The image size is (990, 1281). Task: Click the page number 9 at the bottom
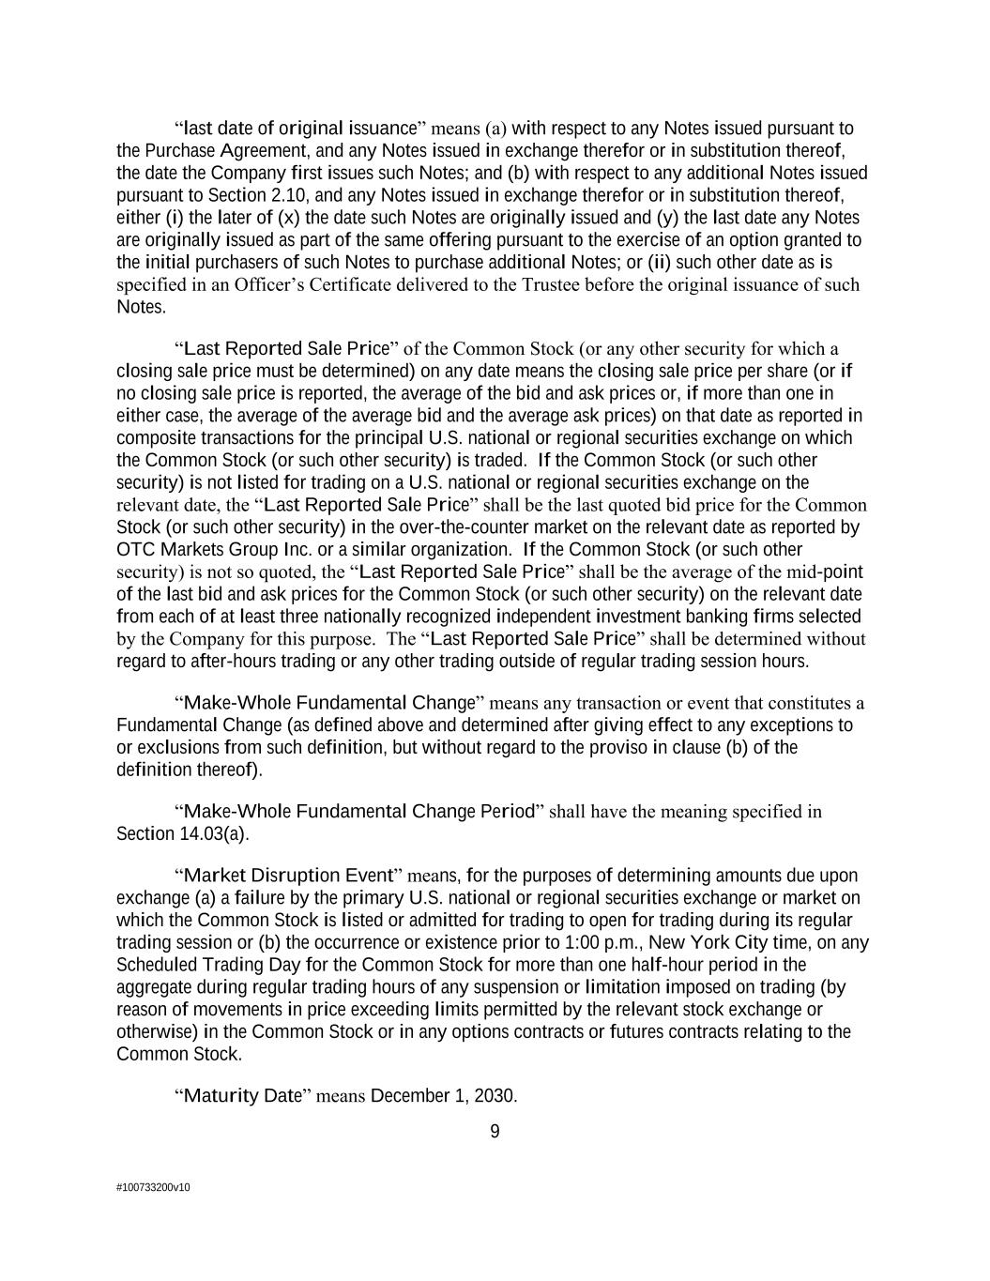(495, 1132)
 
